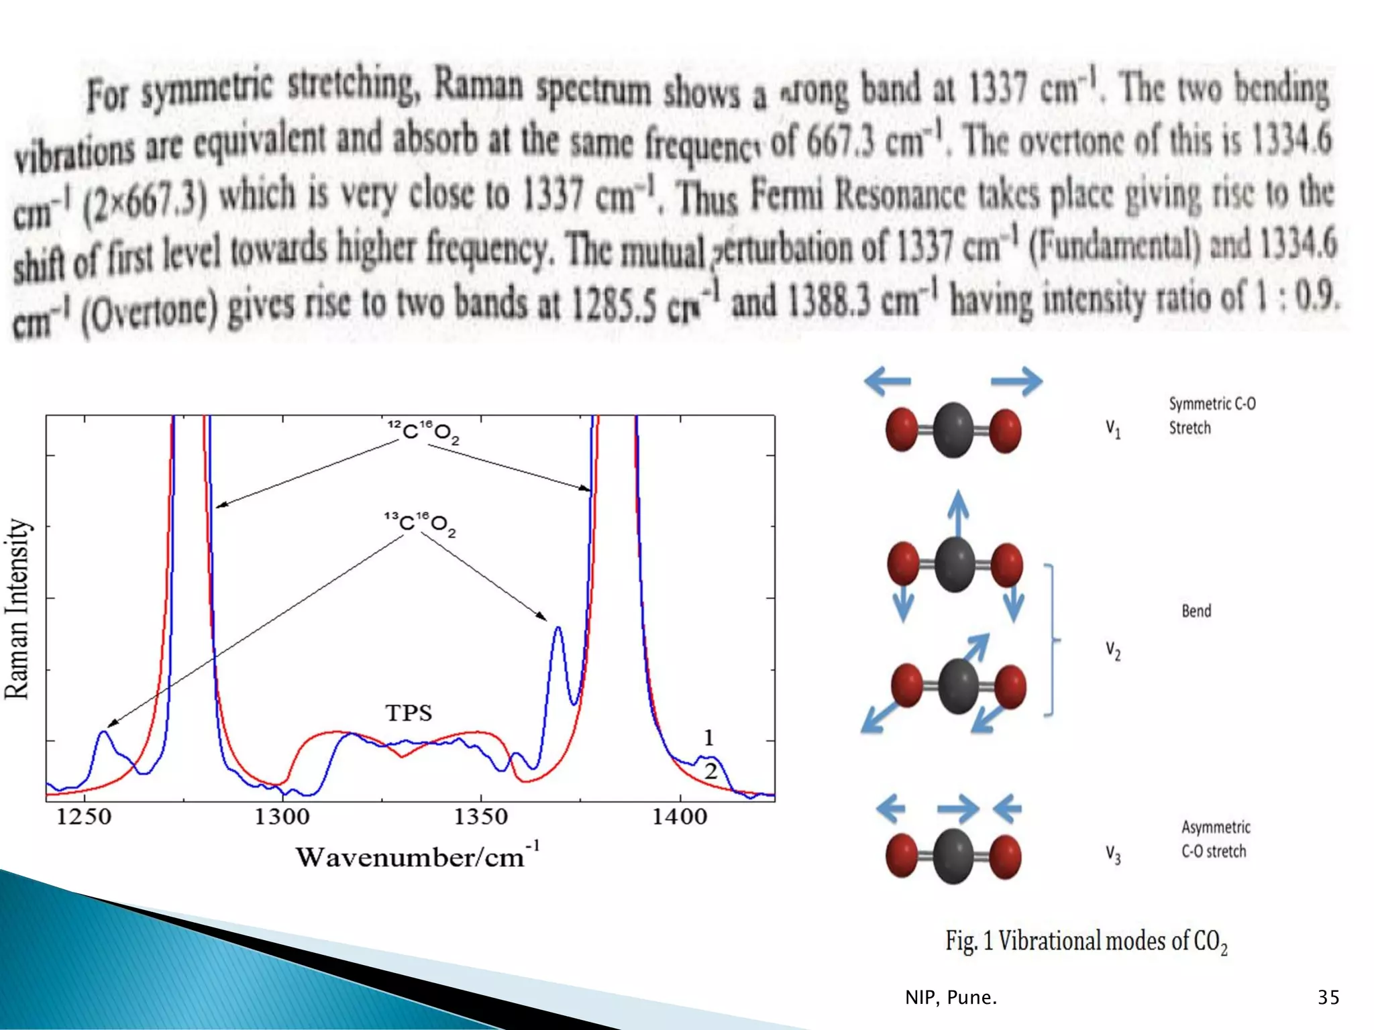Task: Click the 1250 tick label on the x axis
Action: click(84, 817)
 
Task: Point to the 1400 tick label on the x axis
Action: click(680, 817)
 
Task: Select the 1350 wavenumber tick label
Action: click(480, 817)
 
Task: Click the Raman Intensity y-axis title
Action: click(18, 609)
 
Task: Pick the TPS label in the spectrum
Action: click(409, 713)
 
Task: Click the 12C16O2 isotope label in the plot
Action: click(423, 433)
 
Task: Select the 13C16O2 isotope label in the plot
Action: click(420, 524)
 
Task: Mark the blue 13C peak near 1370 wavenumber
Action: click(558, 629)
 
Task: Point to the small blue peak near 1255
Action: click(103, 732)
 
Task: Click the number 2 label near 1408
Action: click(710, 770)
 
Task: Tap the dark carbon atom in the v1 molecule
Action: click(953, 431)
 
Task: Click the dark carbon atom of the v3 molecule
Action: click(953, 856)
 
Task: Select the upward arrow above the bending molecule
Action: click(958, 513)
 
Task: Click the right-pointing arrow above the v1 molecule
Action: click(1017, 382)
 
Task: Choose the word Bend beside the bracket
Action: click(1196, 611)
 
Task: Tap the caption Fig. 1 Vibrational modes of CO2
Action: click(1086, 941)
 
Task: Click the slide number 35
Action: click(1328, 997)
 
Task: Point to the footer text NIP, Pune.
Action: click(951, 998)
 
